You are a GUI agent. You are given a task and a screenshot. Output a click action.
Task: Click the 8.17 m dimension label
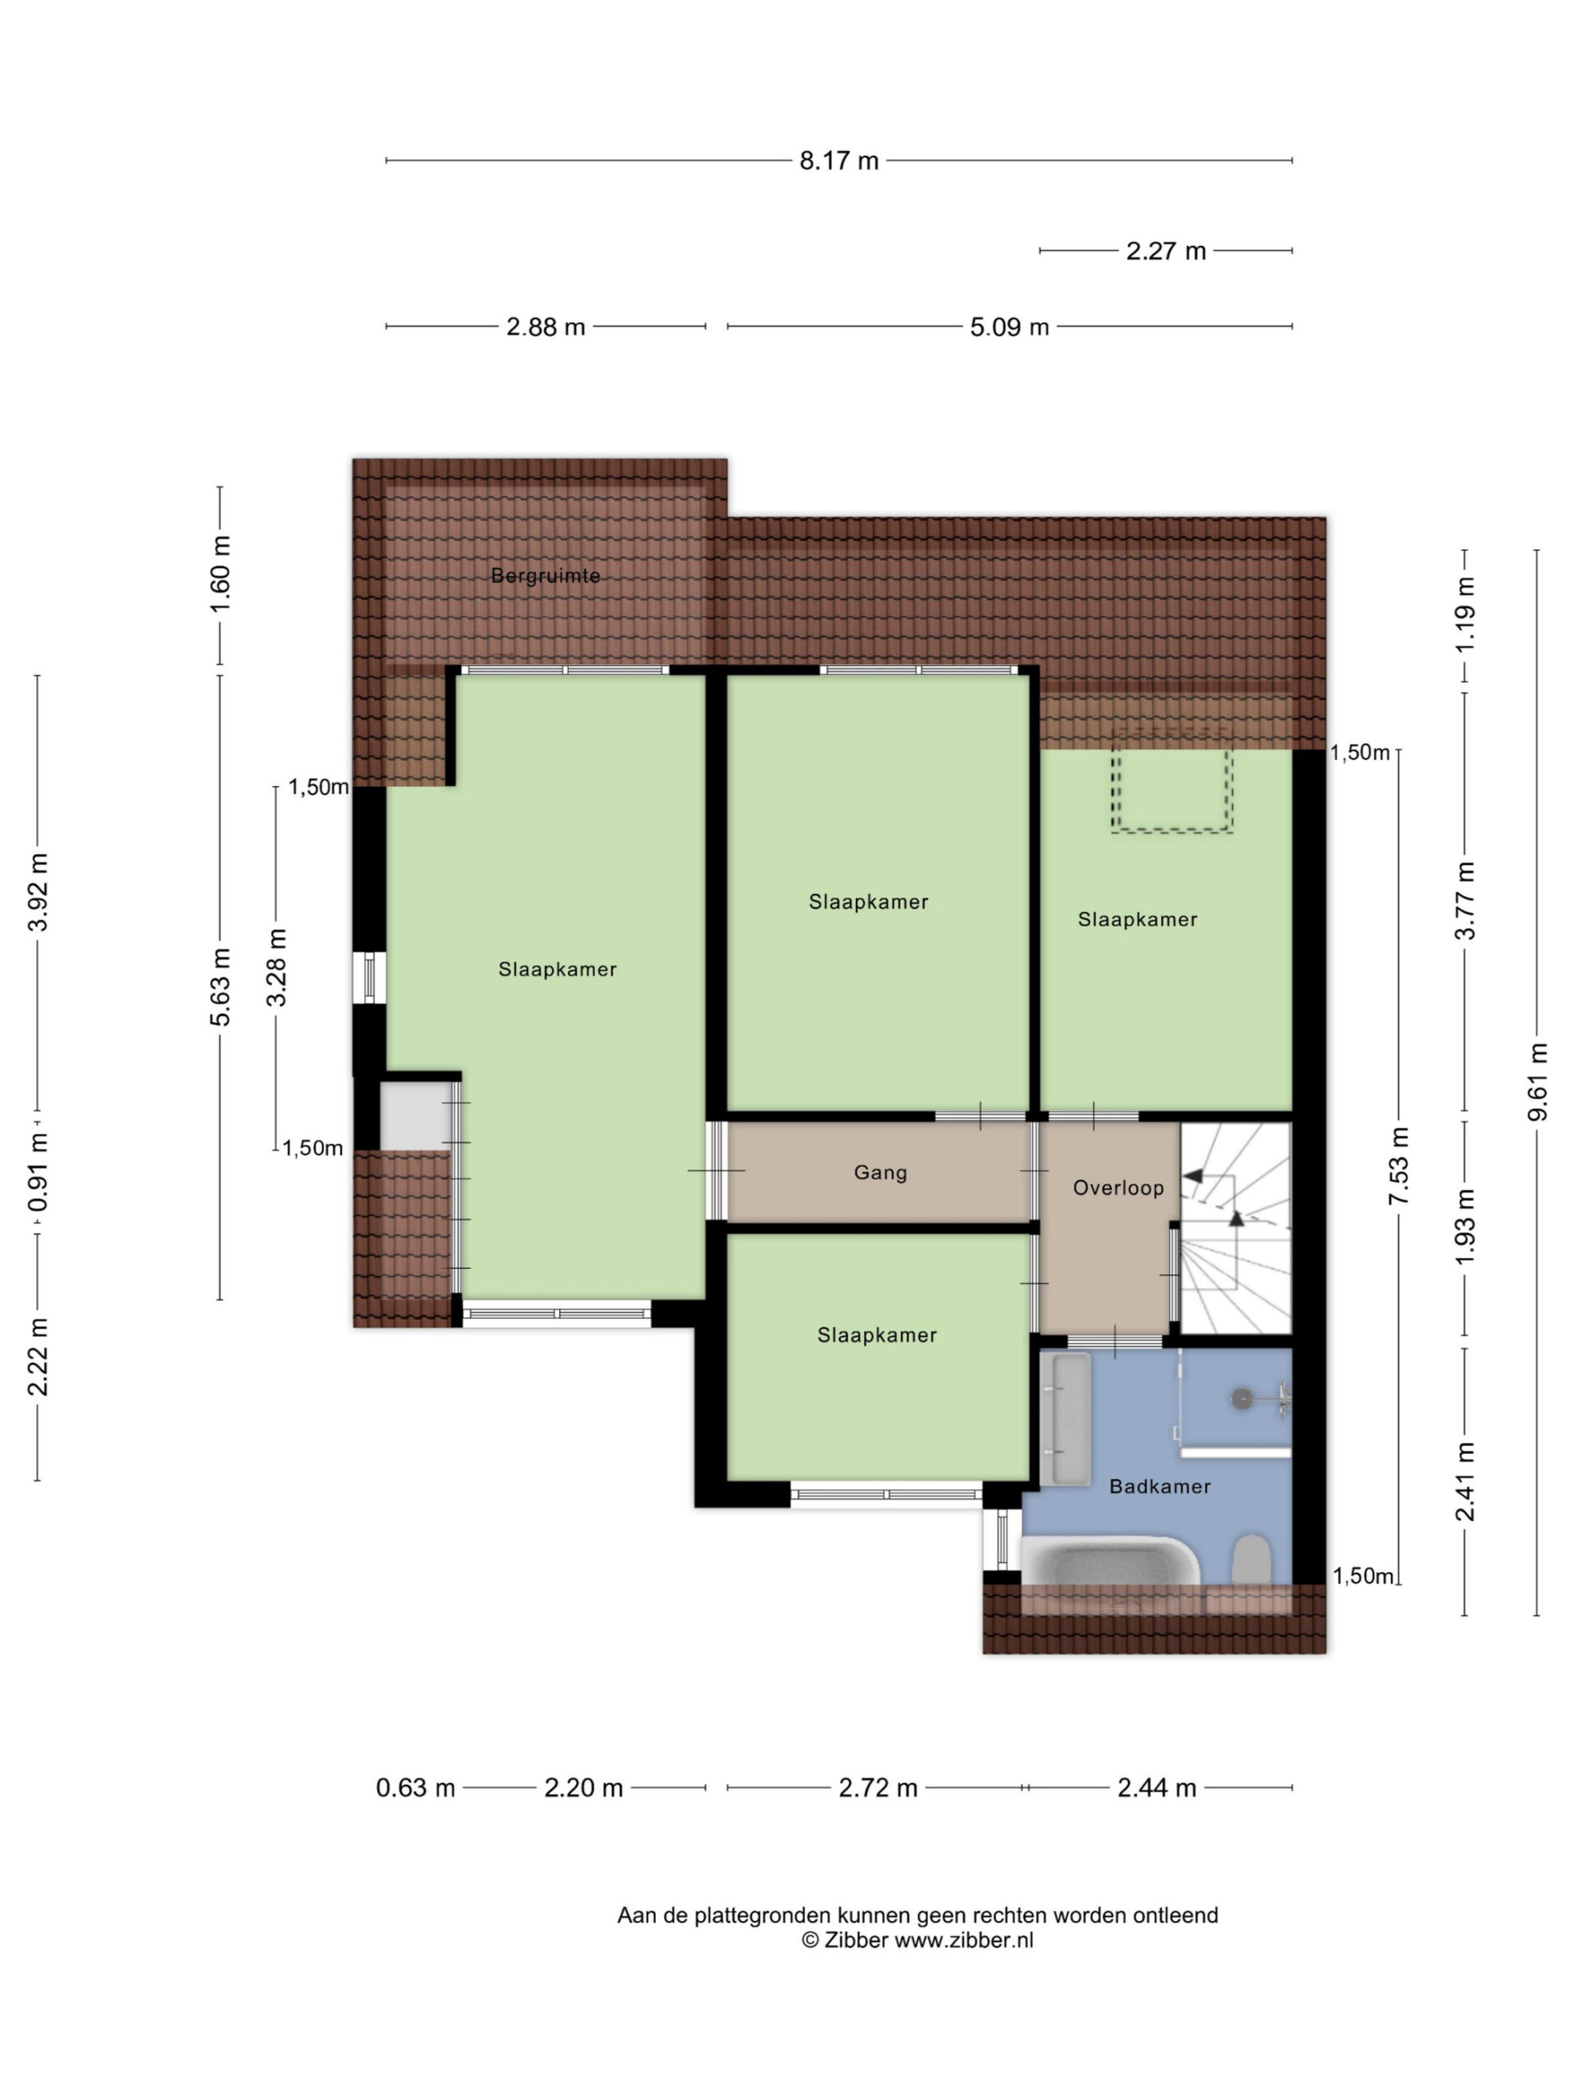coord(838,161)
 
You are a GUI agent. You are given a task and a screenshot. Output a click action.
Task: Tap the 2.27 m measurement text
coord(1165,251)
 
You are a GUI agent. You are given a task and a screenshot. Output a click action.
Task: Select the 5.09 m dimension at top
coord(1008,327)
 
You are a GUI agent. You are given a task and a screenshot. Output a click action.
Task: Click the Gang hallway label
coord(880,1172)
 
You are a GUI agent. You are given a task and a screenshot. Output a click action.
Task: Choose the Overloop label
coord(1117,1188)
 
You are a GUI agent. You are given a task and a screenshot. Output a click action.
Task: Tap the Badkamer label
coord(1159,1487)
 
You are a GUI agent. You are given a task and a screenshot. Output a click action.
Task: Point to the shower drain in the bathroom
coord(1242,1397)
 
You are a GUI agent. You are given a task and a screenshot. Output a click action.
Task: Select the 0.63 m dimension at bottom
coord(416,1788)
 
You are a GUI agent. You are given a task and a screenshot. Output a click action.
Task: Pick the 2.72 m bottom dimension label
coord(878,1788)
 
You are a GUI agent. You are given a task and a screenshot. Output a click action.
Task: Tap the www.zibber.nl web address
coord(964,1941)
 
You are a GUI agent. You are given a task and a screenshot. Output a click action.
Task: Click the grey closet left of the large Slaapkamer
coord(416,1115)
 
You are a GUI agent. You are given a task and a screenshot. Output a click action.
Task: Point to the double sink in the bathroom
coord(1065,1418)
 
